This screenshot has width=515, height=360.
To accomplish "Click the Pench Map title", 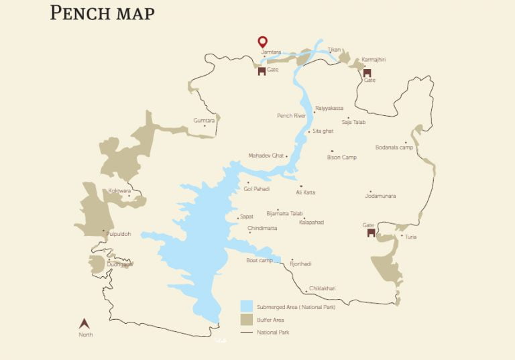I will pyautogui.click(x=102, y=13).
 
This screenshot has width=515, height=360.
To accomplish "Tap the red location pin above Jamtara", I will pyautogui.click(x=262, y=42).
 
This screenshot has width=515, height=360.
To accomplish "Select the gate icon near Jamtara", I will pyautogui.click(x=262, y=71).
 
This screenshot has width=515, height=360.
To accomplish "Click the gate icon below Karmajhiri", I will pyautogui.click(x=367, y=72).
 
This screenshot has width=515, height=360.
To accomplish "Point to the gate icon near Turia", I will pyautogui.click(x=369, y=233).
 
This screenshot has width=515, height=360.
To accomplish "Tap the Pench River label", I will pyautogui.click(x=291, y=115).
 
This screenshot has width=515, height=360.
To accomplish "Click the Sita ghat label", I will pyautogui.click(x=323, y=131).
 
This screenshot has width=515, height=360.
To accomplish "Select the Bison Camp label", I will pyautogui.click(x=341, y=158).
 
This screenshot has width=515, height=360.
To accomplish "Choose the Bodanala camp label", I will pyautogui.click(x=394, y=147).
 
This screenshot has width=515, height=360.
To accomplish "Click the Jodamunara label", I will pyautogui.click(x=380, y=196).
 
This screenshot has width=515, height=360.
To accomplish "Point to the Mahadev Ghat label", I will pyautogui.click(x=266, y=156).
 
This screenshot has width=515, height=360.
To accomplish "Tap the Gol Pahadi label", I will pyautogui.click(x=257, y=189).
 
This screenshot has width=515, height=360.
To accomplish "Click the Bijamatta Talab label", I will pyautogui.click(x=284, y=213).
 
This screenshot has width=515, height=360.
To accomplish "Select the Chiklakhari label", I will pyautogui.click(x=323, y=289).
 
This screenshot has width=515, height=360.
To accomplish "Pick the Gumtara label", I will pyautogui.click(x=204, y=121).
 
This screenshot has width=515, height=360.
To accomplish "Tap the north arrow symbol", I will pyautogui.click(x=85, y=324).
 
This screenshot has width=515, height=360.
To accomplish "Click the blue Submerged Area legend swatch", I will pyautogui.click(x=246, y=306).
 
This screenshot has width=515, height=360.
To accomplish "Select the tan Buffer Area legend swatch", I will pyautogui.click(x=246, y=319).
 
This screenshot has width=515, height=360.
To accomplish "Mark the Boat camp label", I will pyautogui.click(x=260, y=260).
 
